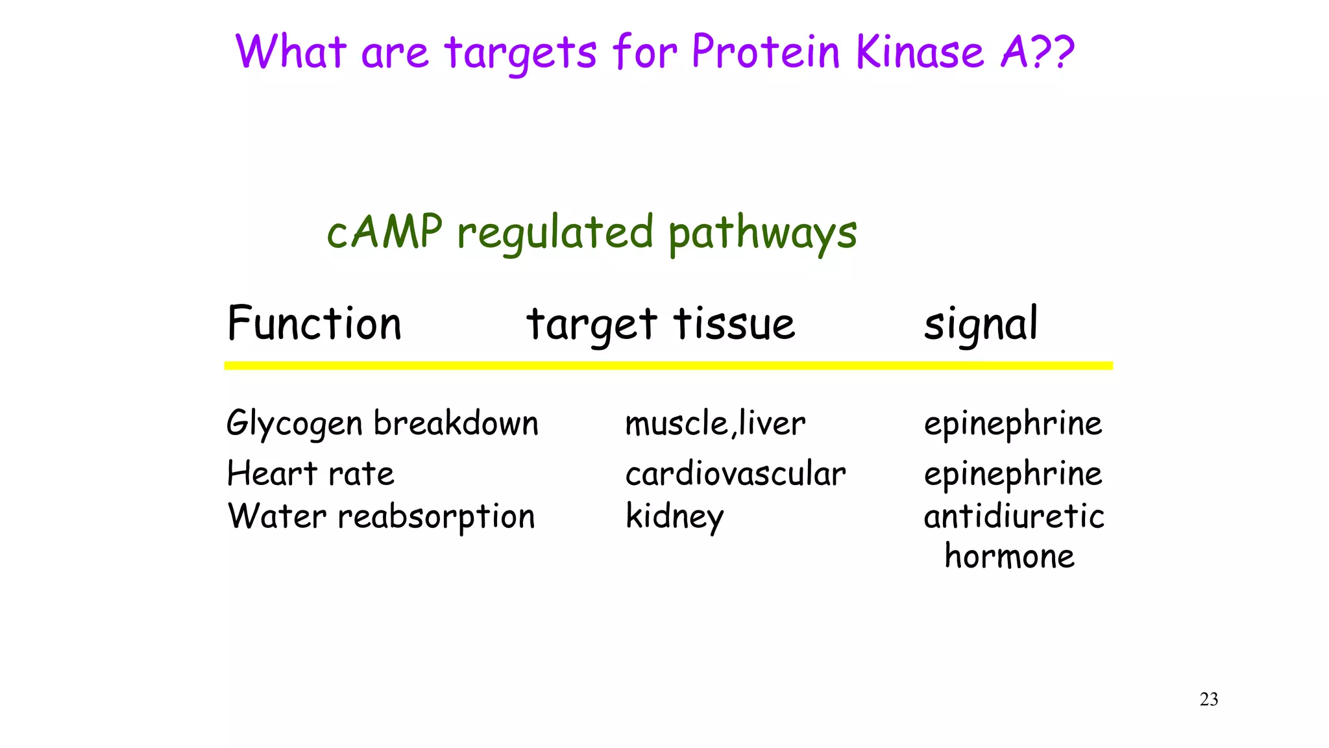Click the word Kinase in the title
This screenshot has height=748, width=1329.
point(920,52)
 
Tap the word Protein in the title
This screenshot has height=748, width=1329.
point(766,52)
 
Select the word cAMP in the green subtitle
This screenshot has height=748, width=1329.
point(384,232)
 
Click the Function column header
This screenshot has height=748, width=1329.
point(315,323)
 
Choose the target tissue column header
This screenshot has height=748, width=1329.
point(661,325)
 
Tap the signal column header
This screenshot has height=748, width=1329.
point(981,325)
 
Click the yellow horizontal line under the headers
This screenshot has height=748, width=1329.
point(668,366)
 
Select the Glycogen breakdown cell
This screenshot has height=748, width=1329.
point(382,424)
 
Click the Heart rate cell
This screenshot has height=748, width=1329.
point(311,473)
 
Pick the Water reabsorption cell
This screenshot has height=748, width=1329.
point(382,517)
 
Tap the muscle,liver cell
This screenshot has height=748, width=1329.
point(715,424)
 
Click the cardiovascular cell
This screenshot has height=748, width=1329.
point(735,473)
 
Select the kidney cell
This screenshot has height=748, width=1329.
point(674,517)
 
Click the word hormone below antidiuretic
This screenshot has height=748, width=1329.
point(1010,556)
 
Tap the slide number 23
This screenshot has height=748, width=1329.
point(1209,699)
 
